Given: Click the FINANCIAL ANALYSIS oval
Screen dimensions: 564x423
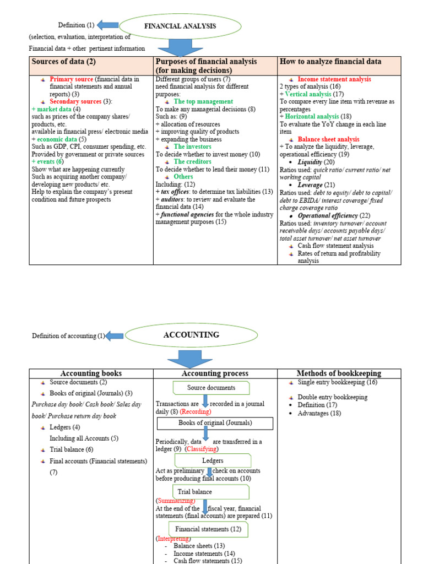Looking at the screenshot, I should [x=180, y=26].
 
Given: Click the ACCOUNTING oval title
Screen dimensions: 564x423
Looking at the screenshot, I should [x=183, y=335].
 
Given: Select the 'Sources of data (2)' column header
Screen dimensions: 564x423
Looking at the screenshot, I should [x=64, y=62].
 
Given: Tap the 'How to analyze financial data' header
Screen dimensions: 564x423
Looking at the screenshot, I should [x=330, y=62].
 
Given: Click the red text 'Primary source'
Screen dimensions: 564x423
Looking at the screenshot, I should [x=71, y=79].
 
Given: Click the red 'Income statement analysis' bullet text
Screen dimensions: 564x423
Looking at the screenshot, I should [x=334, y=79].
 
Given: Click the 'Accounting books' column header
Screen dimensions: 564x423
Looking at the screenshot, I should [x=91, y=373].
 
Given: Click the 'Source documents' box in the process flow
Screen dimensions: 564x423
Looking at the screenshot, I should [x=211, y=388].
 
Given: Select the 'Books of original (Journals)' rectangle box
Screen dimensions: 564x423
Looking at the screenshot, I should [x=215, y=423].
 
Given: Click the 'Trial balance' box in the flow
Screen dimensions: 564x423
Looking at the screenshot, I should [x=194, y=492].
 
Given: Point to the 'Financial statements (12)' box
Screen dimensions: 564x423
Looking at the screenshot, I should [x=202, y=529].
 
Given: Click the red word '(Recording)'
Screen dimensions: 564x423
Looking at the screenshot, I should [x=196, y=412].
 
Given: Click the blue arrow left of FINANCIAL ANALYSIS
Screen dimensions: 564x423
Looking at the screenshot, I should [x=108, y=25].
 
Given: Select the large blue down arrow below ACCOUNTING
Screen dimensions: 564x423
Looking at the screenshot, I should [x=189, y=358].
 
